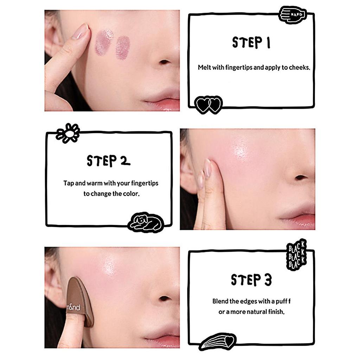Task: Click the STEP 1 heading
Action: (251, 43)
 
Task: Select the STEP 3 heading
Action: (251, 280)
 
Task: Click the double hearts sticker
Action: (208, 104)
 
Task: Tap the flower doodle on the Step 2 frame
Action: (68, 133)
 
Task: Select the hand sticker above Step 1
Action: (292, 15)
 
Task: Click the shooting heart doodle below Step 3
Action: (217, 341)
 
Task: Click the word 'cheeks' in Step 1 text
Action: (299, 67)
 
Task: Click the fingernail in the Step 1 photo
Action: (81, 31)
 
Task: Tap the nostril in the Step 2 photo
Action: (301, 178)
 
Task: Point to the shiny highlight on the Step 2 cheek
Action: (241, 149)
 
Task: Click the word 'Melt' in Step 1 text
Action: (204, 67)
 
